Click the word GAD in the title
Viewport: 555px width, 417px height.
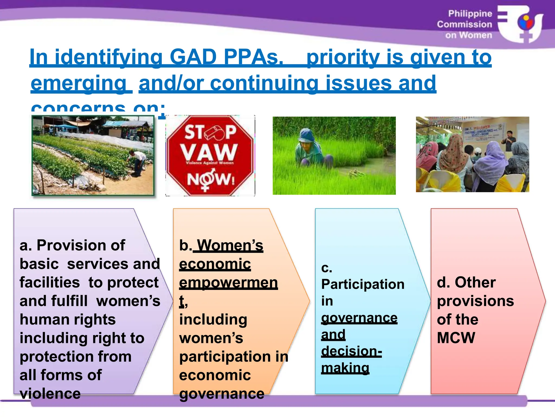pyautogui.click(x=193, y=58)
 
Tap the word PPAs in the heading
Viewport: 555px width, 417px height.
pyautogui.click(x=253, y=58)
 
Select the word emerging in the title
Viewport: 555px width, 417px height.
pyautogui.click(x=79, y=83)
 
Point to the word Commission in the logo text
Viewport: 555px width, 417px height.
pyautogui.click(x=464, y=24)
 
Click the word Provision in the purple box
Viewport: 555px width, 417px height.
pyautogui.click(x=81, y=245)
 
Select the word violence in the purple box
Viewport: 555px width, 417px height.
pyautogui.click(x=50, y=394)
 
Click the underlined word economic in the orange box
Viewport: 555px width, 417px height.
pyautogui.click(x=215, y=264)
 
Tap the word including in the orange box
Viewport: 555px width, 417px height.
pyautogui.click(x=213, y=320)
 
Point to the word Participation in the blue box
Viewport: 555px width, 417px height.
pyautogui.click(x=363, y=285)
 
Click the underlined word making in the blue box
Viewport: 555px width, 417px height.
pyautogui.click(x=345, y=368)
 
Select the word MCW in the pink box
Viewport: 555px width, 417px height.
pyautogui.click(x=456, y=338)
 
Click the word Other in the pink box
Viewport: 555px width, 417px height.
pyautogui.click(x=475, y=282)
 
